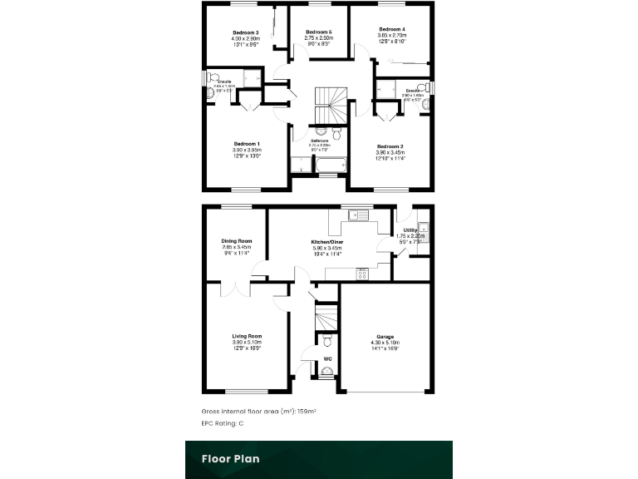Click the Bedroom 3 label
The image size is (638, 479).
point(246,32)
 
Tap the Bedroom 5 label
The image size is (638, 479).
point(319,32)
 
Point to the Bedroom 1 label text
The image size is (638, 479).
point(247,144)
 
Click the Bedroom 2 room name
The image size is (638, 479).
point(390,146)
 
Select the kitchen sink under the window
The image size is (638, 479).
point(359,215)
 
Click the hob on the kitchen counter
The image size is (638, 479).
point(361,274)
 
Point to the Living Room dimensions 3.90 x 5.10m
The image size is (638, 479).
point(247,343)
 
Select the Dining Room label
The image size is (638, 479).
point(237,241)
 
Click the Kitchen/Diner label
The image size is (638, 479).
point(329,242)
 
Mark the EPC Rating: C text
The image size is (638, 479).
point(223,423)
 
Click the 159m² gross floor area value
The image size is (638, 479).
point(307,412)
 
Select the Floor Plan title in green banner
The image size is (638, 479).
point(230,458)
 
